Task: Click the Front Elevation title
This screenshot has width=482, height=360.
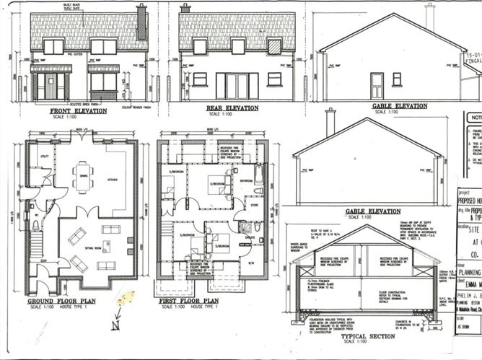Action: (x=78, y=111)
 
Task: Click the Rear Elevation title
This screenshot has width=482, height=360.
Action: (x=232, y=108)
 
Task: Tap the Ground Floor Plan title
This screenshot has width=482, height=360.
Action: (x=61, y=300)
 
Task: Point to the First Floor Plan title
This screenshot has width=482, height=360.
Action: (x=189, y=300)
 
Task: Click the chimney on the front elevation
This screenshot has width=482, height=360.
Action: (x=141, y=22)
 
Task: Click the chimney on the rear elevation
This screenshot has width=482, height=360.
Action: (x=185, y=9)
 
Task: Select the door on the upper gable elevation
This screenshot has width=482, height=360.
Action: (x=377, y=86)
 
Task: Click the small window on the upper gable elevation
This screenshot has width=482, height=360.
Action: (x=396, y=79)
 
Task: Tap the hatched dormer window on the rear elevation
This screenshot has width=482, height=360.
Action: (x=274, y=46)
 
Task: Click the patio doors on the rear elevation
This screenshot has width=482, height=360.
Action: (x=236, y=86)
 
